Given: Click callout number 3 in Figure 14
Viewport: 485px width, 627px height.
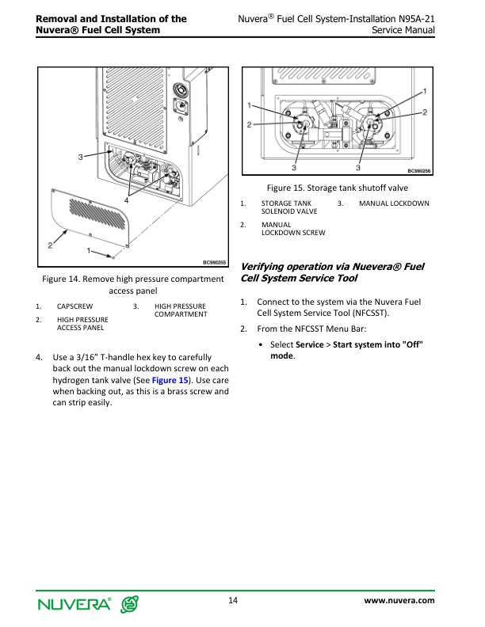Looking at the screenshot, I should click(x=81, y=157).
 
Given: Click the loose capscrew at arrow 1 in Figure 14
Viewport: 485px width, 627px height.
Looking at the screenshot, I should click(x=113, y=256).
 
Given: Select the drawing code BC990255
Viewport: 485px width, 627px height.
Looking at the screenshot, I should click(x=214, y=262).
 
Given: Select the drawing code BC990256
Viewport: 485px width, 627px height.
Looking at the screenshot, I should click(x=418, y=171).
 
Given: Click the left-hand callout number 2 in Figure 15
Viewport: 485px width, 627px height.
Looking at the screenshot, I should click(x=250, y=124).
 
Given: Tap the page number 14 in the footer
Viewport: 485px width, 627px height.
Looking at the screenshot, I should click(x=233, y=600).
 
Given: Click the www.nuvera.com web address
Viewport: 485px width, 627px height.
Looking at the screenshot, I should click(x=399, y=601).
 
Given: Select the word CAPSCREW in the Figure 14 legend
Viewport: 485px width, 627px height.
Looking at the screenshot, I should click(x=75, y=306).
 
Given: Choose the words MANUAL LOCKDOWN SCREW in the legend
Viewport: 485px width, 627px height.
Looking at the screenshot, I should click(x=292, y=228).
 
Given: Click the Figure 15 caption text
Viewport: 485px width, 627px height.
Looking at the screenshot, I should click(x=337, y=188).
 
